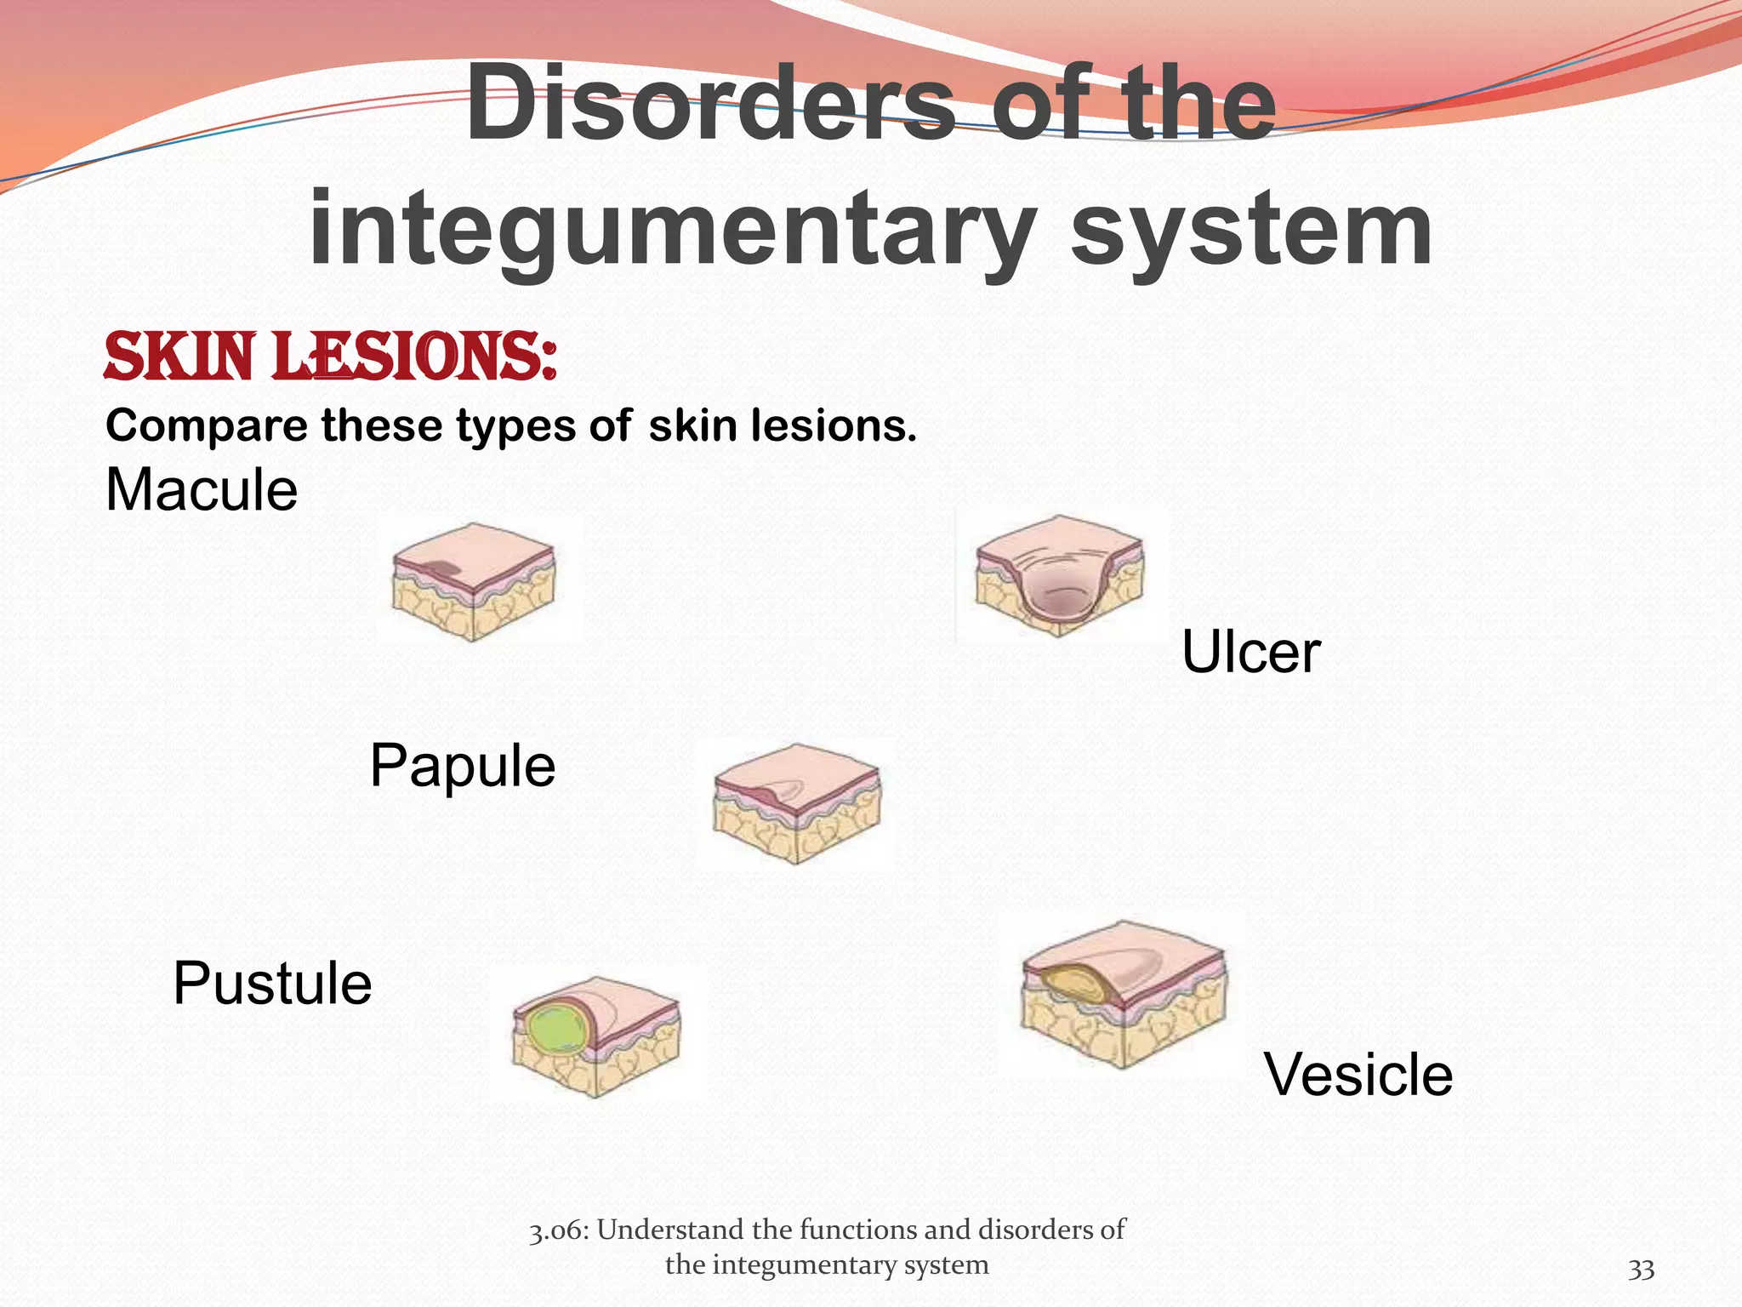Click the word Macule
(x=202, y=491)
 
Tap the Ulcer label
(x=1250, y=653)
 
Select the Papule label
(x=463, y=766)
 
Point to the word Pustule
(x=272, y=984)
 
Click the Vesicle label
(x=1358, y=1075)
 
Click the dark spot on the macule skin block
(x=441, y=570)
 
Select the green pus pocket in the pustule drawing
(x=555, y=1031)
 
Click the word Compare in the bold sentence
(x=206, y=425)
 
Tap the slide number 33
(x=1641, y=1270)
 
